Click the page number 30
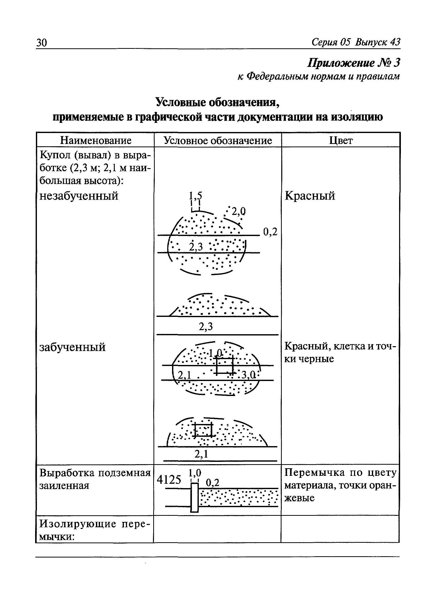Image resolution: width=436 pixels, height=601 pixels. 42,43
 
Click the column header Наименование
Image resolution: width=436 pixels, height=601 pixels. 95,140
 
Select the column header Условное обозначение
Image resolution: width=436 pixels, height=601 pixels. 217,140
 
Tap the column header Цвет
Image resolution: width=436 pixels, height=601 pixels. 341,140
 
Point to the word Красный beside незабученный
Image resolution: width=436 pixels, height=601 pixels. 310,196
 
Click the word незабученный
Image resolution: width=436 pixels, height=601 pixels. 79,196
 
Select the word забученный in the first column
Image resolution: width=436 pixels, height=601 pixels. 72,347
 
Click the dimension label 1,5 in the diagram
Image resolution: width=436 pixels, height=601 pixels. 195,196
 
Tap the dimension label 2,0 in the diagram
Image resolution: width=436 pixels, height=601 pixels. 239,211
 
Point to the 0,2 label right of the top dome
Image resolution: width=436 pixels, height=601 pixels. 270,232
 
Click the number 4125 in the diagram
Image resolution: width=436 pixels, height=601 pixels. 169,479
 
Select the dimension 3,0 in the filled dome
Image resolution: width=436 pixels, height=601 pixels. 248,375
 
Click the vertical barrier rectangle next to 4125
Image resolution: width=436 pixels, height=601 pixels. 194,497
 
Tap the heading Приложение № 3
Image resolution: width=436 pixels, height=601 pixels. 354,63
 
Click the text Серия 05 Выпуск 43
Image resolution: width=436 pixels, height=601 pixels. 356,42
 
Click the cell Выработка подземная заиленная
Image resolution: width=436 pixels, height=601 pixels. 95,479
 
